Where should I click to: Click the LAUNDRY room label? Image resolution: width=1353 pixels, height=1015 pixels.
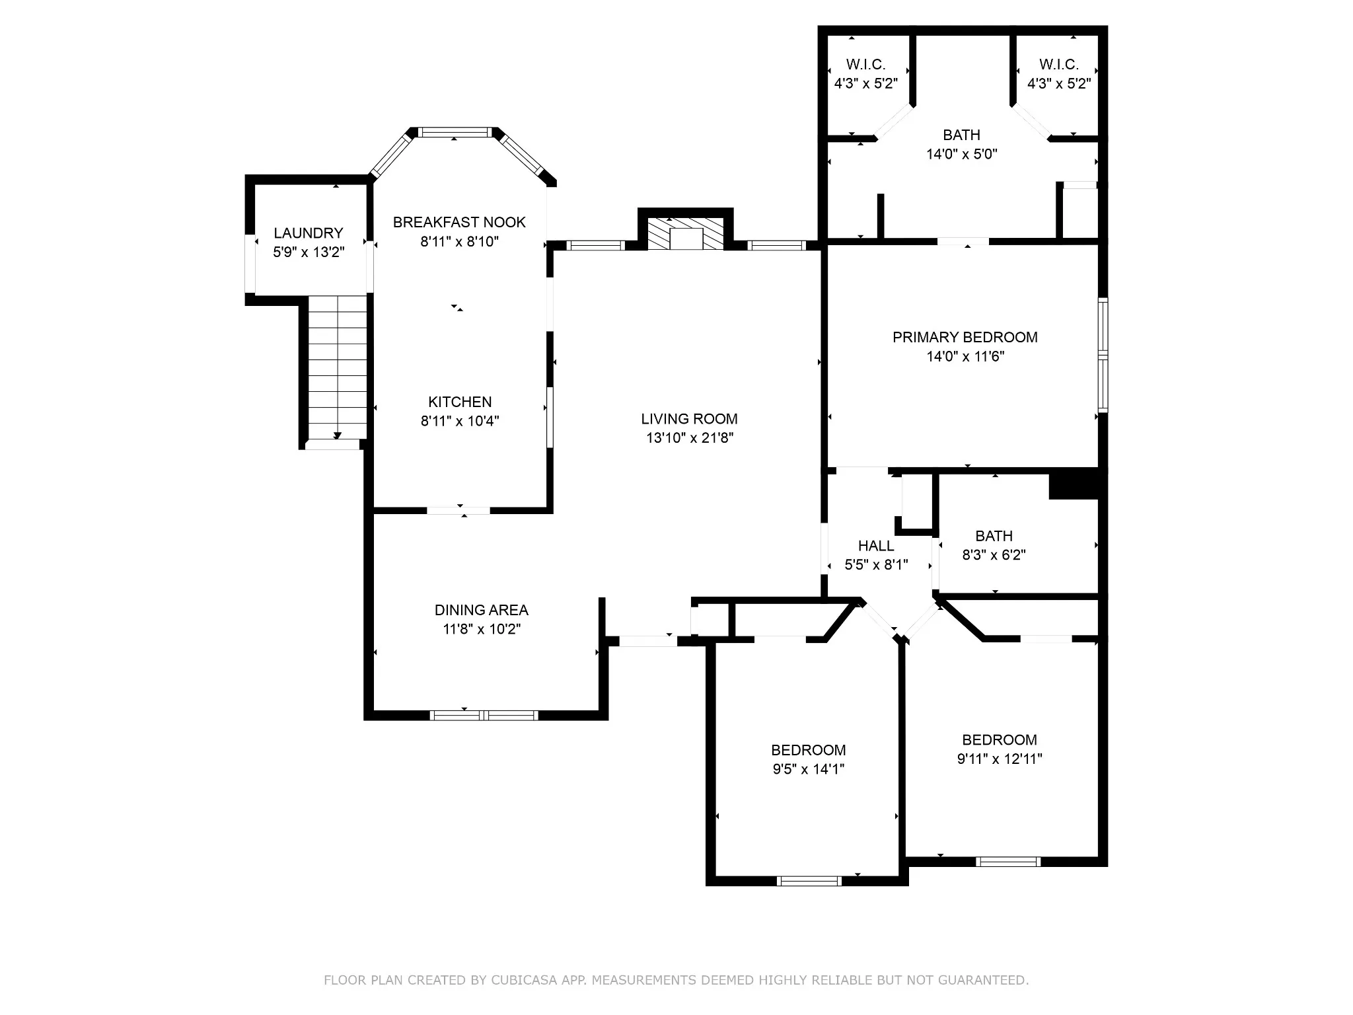point(309,233)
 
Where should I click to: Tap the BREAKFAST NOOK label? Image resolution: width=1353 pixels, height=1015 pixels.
point(459,222)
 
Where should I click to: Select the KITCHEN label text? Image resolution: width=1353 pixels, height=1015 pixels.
point(460,402)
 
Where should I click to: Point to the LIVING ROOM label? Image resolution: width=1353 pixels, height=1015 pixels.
point(689,419)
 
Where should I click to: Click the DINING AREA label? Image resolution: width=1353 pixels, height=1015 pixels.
point(481,610)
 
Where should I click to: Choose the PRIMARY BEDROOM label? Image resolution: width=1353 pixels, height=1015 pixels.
point(965,338)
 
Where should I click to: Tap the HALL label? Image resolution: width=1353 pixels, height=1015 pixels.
point(876,546)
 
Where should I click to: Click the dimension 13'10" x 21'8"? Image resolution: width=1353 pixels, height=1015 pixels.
point(690,438)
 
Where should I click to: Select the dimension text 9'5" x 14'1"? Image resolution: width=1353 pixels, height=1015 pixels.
point(809,769)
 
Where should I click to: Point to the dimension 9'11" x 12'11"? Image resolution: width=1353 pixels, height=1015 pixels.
point(1000,759)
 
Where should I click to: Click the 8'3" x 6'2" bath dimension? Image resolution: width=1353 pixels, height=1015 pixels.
point(994,555)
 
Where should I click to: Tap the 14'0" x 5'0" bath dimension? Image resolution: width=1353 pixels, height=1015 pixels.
point(961,155)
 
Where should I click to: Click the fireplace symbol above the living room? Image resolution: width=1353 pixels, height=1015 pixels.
point(686,234)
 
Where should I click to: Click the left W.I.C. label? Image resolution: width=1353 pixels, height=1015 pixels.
point(865,65)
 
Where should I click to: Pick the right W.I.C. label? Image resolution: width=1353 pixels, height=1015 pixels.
point(1058,65)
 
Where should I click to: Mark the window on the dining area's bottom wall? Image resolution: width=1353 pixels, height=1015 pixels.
point(484,715)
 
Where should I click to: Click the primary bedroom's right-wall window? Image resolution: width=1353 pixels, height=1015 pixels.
point(1103,356)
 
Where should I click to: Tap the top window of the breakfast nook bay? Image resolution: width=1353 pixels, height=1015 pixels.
point(456,132)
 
